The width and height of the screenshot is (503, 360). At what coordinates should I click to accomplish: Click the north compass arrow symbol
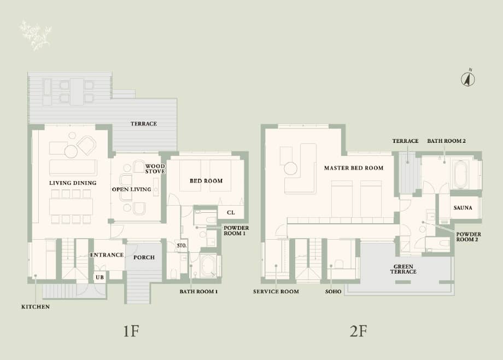[468, 78]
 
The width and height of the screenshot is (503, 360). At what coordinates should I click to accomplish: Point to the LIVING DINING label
[73, 183]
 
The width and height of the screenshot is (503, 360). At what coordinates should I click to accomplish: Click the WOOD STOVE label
[155, 169]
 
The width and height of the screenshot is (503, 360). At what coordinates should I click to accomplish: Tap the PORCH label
[144, 257]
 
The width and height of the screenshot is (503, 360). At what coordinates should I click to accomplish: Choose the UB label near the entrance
[100, 277]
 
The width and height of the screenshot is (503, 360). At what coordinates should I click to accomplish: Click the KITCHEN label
[36, 307]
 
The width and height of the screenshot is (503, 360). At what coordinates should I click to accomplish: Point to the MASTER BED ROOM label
[353, 168]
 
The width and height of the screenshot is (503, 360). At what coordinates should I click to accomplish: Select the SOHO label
[333, 292]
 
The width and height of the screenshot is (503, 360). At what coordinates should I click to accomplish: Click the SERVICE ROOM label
[276, 292]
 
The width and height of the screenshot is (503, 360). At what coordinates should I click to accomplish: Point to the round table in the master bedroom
[290, 169]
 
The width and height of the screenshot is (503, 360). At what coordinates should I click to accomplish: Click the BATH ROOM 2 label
[446, 141]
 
